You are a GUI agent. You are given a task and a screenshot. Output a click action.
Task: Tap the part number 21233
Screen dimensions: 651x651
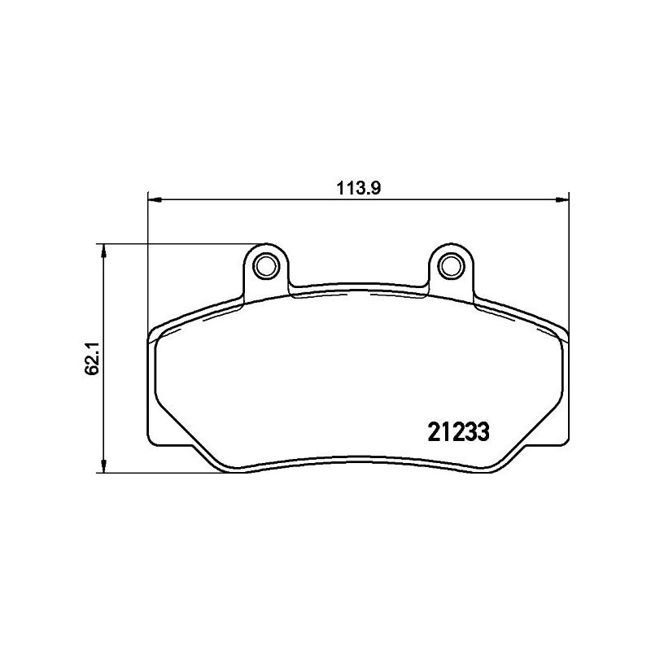tap(457, 430)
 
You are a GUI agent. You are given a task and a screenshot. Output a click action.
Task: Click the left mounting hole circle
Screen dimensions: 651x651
tap(265, 265)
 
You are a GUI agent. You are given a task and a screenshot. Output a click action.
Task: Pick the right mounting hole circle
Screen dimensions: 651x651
tap(450, 265)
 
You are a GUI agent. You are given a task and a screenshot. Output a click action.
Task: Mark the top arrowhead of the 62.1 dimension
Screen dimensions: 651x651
tap(102, 249)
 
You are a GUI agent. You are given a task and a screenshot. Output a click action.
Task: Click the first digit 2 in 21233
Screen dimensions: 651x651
tap(433, 430)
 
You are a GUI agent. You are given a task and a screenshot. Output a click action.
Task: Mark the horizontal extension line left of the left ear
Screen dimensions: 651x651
tap(179, 243)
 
